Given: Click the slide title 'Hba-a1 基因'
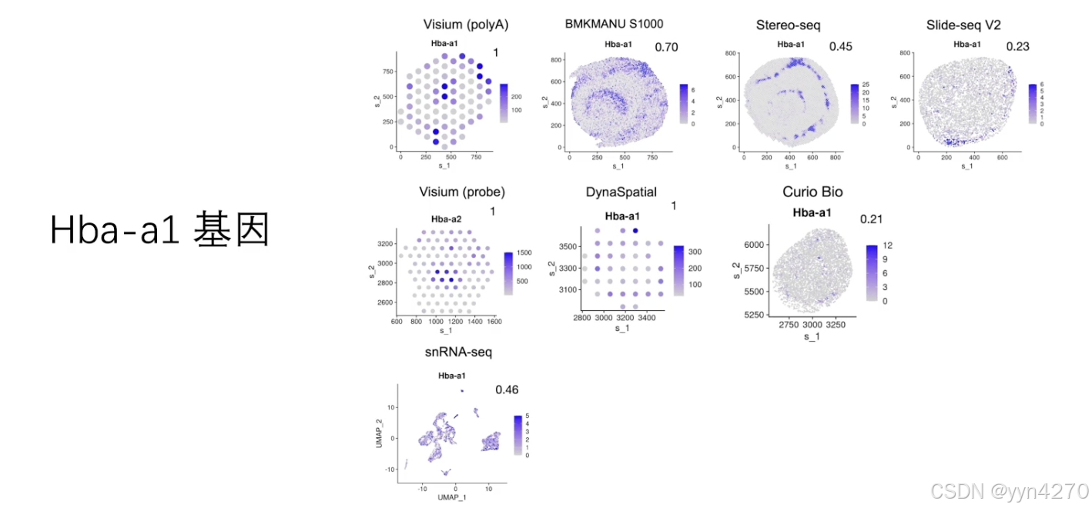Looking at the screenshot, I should tap(159, 229).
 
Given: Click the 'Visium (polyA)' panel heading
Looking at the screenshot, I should tap(466, 25).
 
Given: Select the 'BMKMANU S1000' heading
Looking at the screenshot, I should tap(614, 25).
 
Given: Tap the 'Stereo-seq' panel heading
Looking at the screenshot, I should tap(788, 25).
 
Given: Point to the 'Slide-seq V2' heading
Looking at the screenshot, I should tap(963, 25).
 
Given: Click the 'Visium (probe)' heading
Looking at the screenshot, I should tap(461, 192).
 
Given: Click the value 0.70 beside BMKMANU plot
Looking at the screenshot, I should tap(666, 48).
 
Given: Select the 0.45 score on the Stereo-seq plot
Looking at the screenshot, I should tap(841, 47).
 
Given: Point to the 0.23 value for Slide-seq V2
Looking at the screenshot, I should tap(1017, 47).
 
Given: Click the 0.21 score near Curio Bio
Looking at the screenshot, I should tap(872, 220).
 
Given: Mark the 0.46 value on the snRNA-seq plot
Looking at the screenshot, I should tap(507, 390).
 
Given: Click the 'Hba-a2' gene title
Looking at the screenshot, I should tap(446, 219).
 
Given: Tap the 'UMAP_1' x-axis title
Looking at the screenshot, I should tap(450, 498).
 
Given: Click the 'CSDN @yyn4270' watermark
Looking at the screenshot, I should tap(1009, 491).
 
